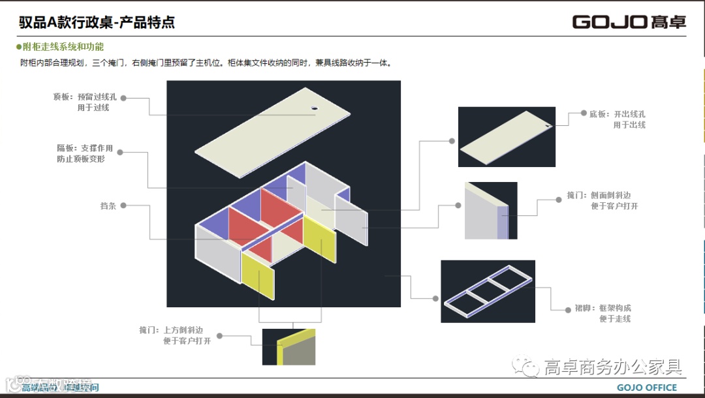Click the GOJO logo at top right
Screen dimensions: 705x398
629,22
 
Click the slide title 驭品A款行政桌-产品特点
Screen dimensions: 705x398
97,22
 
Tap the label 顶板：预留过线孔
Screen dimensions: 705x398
84,97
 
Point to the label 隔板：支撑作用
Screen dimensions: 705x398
84,149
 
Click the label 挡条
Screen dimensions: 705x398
108,206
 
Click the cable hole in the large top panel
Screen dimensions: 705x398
313,108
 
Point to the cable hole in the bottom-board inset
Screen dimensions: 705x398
547,124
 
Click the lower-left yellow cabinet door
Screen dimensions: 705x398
258,274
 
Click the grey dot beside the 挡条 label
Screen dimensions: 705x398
123,206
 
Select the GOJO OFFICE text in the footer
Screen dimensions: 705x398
647,388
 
